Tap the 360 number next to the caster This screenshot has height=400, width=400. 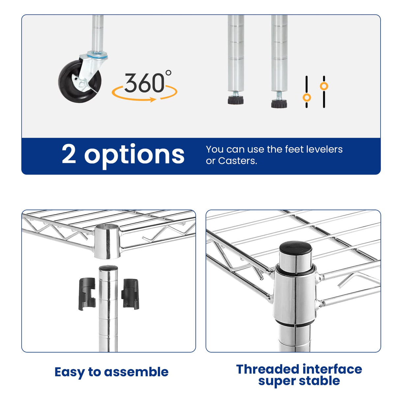[144, 83]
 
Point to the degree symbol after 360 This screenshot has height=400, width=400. [168, 72]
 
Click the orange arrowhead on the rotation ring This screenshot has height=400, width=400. [153, 100]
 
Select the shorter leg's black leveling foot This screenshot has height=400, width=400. [236, 100]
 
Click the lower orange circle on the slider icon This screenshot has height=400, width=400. [307, 97]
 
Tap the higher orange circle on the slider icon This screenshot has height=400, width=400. [324, 86]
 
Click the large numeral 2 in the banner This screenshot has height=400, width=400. [69, 154]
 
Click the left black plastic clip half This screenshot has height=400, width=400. [87, 294]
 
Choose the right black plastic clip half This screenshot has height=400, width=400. [130, 294]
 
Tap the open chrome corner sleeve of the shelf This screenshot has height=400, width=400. [107, 242]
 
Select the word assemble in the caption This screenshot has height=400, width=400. [136, 372]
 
